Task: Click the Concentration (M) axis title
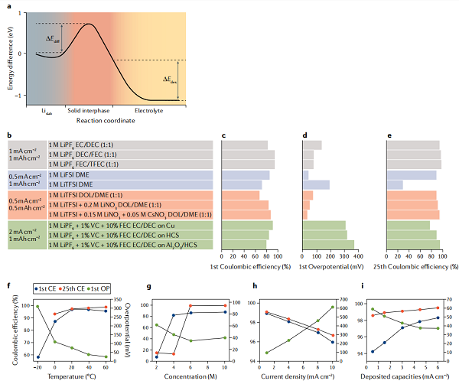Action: [x=190, y=376]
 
